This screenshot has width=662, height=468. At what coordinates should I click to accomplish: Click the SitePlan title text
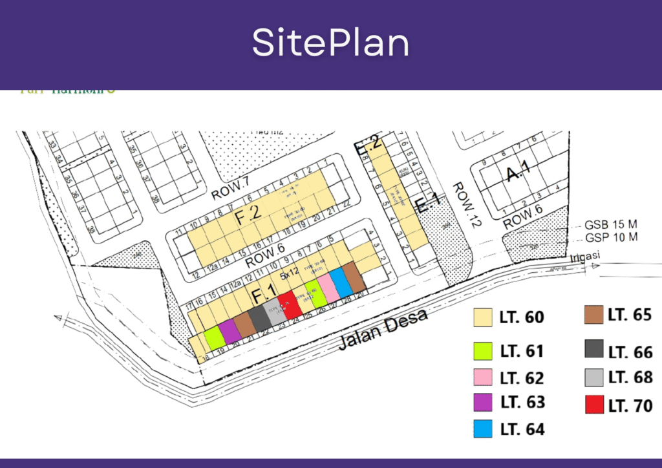click(x=330, y=43)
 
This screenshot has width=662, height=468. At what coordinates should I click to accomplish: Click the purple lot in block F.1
click(x=230, y=332)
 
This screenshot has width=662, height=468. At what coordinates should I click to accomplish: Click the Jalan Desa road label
click(x=383, y=330)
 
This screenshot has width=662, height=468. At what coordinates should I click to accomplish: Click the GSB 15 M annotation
click(x=611, y=224)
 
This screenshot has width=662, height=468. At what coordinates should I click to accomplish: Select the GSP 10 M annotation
click(x=611, y=237)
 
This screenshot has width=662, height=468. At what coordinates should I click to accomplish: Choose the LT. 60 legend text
click(x=522, y=317)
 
